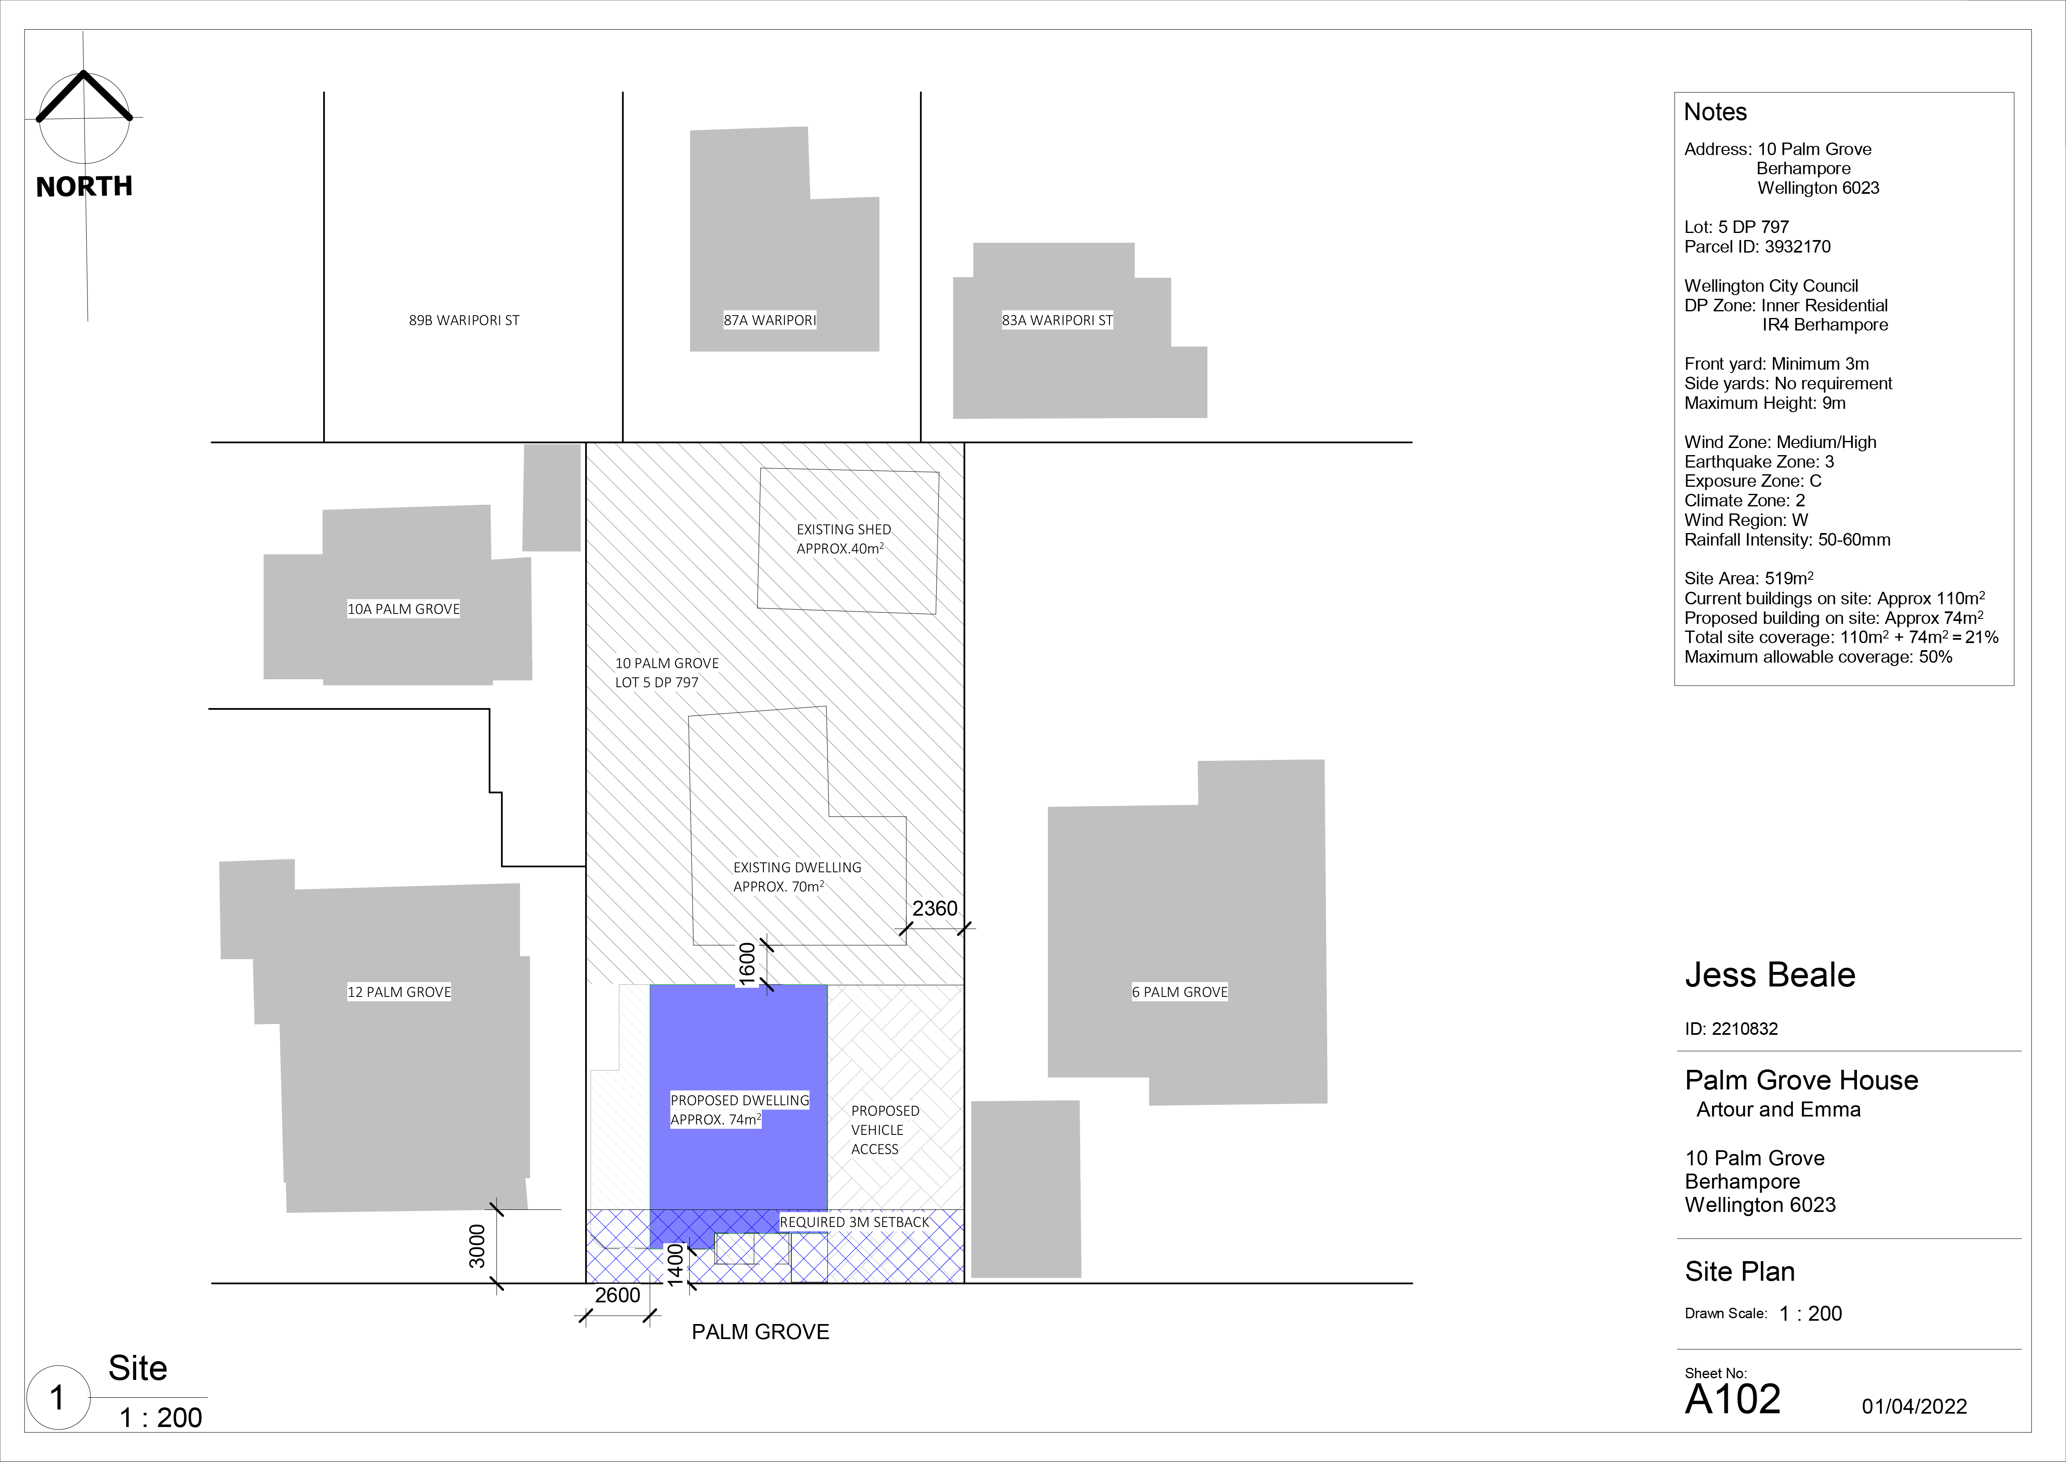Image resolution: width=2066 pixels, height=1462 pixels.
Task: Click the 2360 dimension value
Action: (x=935, y=909)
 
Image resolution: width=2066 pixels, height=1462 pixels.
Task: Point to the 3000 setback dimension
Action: (x=477, y=1246)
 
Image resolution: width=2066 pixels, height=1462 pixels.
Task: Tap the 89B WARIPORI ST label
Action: (x=464, y=320)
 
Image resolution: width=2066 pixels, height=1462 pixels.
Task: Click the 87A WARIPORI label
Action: (x=770, y=320)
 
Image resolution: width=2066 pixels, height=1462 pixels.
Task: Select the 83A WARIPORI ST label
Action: (x=1057, y=320)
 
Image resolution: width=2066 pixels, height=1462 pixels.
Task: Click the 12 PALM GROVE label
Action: (x=399, y=992)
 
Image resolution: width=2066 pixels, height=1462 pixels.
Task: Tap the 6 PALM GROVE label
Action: (x=1180, y=992)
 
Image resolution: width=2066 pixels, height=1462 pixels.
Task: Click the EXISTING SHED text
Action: (x=844, y=529)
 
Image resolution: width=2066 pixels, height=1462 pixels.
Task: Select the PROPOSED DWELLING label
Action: (x=740, y=1100)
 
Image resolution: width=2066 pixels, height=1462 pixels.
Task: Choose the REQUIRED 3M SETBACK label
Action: (x=854, y=1222)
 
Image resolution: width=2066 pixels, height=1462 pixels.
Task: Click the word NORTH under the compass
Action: (x=85, y=186)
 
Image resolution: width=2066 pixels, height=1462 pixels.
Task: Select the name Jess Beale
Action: (x=1770, y=975)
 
